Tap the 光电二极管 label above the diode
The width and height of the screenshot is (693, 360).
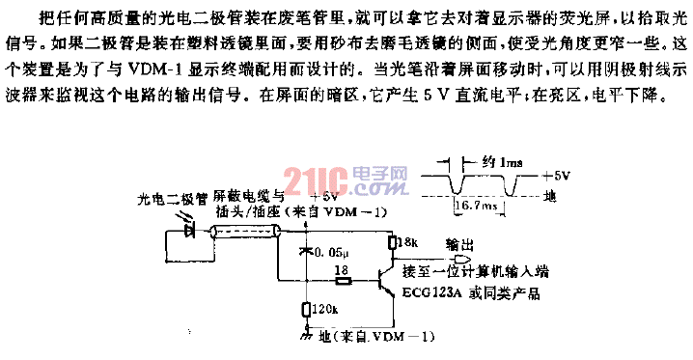pyautogui.click(x=173, y=200)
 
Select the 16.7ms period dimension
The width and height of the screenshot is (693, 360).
pyautogui.click(x=474, y=205)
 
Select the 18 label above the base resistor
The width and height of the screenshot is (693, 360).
pyautogui.click(x=339, y=270)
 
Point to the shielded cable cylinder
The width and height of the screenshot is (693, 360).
pyautogui.click(x=247, y=231)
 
